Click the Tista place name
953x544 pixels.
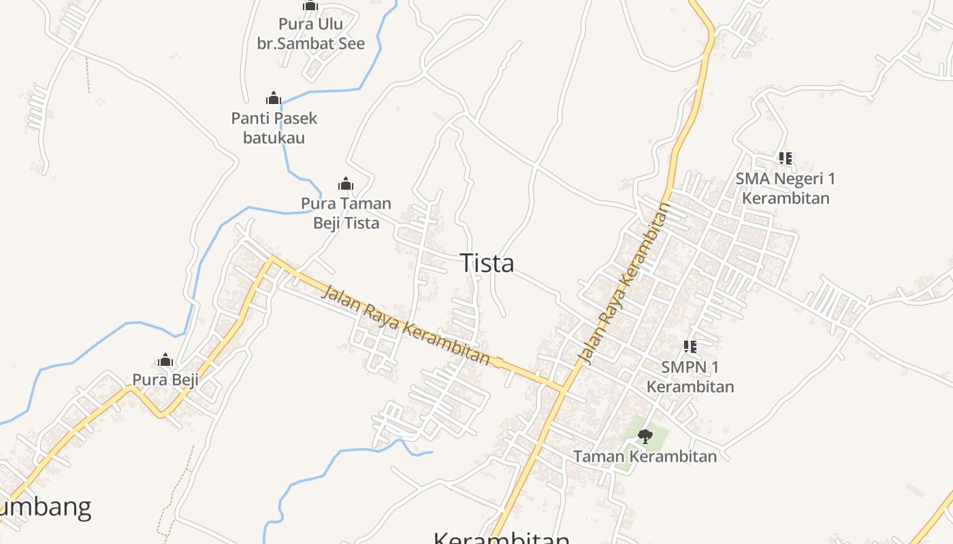(487, 263)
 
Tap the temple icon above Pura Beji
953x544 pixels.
(165, 360)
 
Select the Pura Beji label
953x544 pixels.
(165, 379)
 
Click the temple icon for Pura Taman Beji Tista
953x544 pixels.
(346, 184)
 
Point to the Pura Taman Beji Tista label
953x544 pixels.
(346, 213)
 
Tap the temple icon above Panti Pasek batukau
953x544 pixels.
(274, 98)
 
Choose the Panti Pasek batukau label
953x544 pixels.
(274, 128)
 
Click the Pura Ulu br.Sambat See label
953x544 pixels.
(310, 34)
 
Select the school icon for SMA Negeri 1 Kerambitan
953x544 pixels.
(786, 158)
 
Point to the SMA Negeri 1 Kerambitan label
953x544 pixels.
(786, 188)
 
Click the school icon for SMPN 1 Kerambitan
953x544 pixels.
(690, 347)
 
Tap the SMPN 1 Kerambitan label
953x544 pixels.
(690, 377)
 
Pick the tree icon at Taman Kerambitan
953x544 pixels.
(645, 436)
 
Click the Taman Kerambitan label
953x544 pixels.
(645, 456)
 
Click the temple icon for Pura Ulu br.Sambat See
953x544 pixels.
(310, 5)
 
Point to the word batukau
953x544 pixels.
(274, 138)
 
